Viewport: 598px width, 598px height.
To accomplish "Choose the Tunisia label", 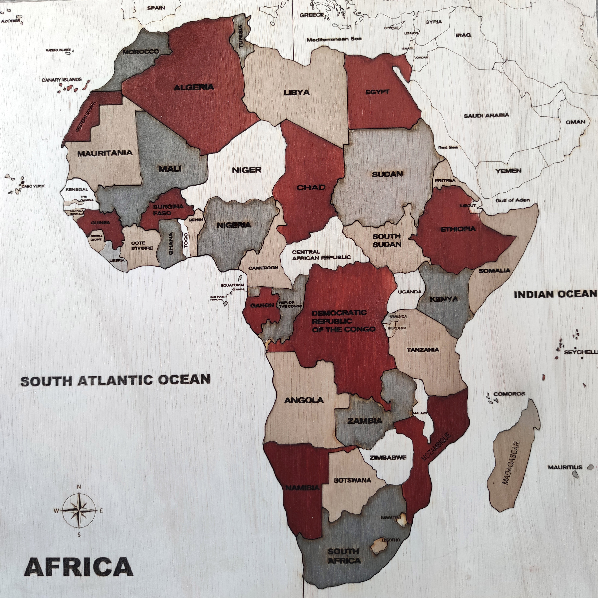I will tap(241, 36).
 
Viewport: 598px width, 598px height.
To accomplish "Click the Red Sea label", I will tap(448, 147).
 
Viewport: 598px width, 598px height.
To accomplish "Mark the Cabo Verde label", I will tap(33, 186).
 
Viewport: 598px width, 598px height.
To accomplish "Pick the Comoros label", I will tap(509, 394).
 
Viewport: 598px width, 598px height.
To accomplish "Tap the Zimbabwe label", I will tap(388, 457).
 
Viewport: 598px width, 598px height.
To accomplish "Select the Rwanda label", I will tap(398, 317).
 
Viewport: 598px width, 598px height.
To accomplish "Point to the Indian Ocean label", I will tap(555, 294).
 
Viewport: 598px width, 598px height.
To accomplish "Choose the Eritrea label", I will tap(445, 180).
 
